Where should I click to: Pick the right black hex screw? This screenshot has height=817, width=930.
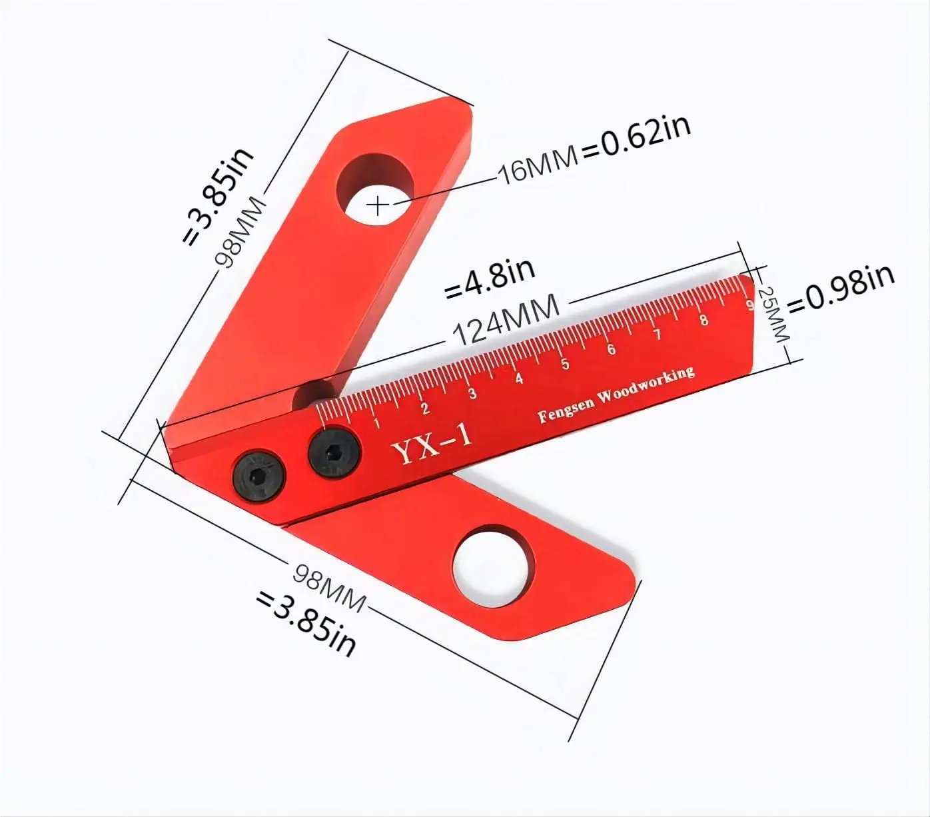[x=334, y=453]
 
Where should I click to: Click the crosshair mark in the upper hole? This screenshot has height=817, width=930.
[x=378, y=205]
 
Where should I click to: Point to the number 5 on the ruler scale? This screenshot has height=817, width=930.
[x=565, y=364]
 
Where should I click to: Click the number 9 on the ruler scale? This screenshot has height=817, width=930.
[x=750, y=306]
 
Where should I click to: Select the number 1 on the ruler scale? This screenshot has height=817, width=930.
[x=376, y=422]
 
